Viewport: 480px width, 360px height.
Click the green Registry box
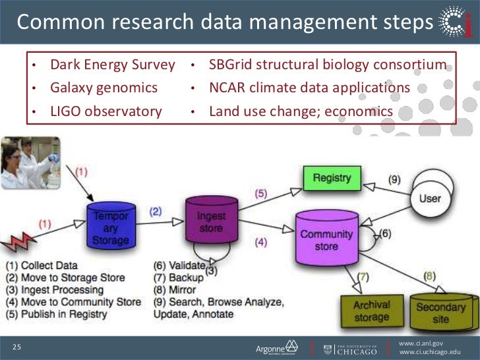coord(332,178)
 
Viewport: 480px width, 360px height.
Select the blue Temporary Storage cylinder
coord(111,228)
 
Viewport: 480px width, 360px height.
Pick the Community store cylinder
coord(326,239)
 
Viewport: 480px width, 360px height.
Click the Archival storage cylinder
coord(372,310)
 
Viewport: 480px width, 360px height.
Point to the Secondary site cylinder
coord(440,311)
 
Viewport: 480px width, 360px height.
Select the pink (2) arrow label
coord(156,212)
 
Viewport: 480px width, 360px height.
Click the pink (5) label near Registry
coord(261,193)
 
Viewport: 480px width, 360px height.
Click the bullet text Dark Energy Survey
coord(113,65)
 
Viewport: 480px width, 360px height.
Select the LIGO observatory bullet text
coord(106,111)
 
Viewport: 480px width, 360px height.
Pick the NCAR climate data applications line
coord(309,88)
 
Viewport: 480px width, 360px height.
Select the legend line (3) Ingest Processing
coord(55,290)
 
